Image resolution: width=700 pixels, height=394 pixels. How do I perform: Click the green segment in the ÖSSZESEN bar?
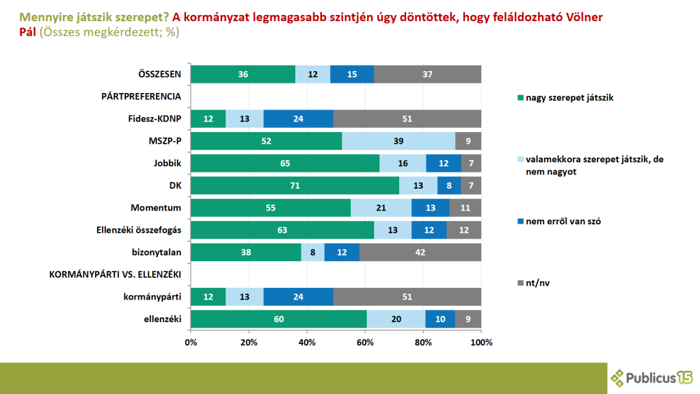click(243, 74)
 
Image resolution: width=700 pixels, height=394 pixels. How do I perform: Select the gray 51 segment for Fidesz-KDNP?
click(407, 118)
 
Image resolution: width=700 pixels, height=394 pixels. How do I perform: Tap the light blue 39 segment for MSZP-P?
click(399, 141)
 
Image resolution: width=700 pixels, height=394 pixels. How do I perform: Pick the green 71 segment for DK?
click(295, 185)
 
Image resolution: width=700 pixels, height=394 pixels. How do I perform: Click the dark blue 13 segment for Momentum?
click(430, 207)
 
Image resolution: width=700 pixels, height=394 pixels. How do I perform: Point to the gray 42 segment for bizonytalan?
click(420, 252)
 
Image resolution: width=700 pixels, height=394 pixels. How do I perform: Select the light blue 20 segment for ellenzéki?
click(395, 319)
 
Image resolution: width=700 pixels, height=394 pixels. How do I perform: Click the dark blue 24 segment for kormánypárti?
click(298, 296)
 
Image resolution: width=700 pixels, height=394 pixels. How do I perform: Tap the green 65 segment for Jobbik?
click(285, 163)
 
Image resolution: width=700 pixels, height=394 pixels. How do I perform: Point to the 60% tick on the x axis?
click(365, 341)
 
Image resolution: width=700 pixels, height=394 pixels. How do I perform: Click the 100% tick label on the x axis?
click(481, 341)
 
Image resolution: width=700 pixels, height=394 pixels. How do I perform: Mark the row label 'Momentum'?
click(156, 207)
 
